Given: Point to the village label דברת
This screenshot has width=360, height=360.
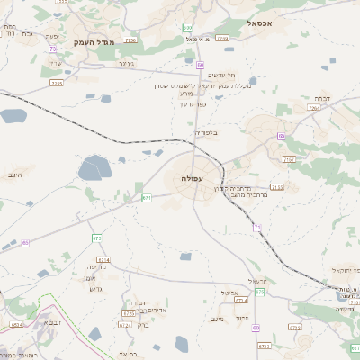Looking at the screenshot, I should pyautogui.click(x=321, y=97).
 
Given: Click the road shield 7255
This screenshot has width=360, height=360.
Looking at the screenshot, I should pyautogui.click(x=56, y=83).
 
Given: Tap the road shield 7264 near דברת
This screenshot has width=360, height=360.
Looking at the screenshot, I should pyautogui.click(x=314, y=107).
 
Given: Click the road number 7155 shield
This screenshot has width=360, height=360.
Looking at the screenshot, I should pyautogui.click(x=276, y=186).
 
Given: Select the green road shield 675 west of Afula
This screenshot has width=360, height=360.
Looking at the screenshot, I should pyautogui.click(x=96, y=238).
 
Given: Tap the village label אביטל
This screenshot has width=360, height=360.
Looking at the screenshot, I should pyautogui.click(x=228, y=292).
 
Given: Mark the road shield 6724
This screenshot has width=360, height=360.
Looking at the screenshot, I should pyautogui.click(x=125, y=325).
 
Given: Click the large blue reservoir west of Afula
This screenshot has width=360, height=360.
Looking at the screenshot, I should pyautogui.click(x=94, y=167).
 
